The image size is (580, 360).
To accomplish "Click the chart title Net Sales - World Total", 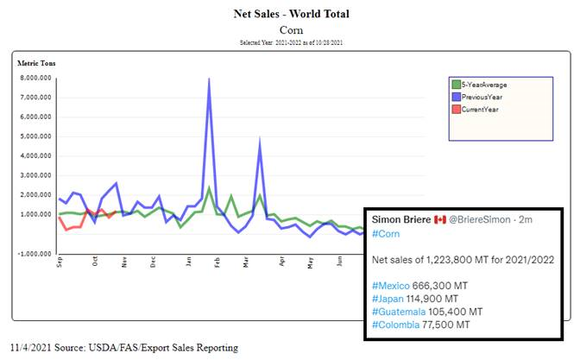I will [290, 14].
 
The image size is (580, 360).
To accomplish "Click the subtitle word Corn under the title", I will [290, 29].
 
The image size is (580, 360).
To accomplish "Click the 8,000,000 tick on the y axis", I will [36, 78].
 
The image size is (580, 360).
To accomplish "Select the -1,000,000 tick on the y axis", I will [35, 254].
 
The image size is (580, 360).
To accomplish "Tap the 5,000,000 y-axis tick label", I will [36, 136].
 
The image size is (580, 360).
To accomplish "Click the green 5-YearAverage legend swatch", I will [457, 85].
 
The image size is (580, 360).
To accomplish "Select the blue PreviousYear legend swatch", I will [457, 97].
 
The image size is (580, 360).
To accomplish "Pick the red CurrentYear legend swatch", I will [457, 109].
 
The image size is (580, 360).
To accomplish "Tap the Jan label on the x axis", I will [188, 261].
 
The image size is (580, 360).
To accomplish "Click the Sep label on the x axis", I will [60, 261].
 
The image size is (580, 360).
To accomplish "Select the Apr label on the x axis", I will [281, 261].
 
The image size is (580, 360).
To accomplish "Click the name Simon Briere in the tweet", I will [400, 220].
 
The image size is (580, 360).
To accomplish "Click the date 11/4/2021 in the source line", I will [28, 348].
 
